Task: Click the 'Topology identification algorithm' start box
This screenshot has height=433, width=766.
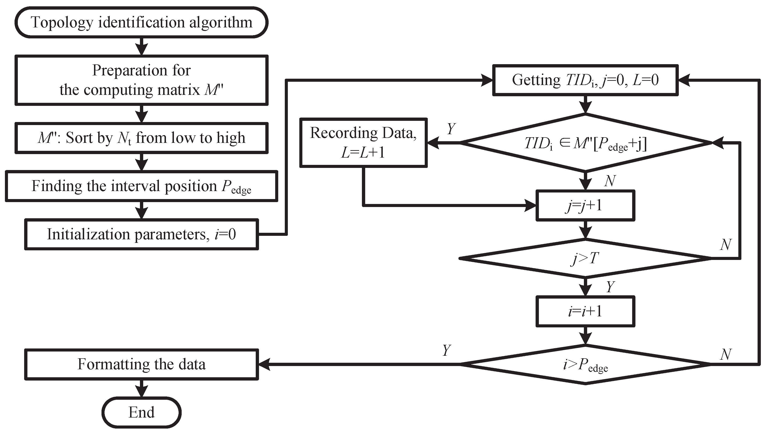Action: click(x=141, y=22)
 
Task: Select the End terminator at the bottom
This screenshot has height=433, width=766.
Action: click(x=141, y=412)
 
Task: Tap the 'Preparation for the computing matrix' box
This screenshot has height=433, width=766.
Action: click(x=141, y=80)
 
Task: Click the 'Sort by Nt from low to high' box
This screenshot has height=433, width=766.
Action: click(x=141, y=138)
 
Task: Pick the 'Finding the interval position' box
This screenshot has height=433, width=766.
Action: click(x=141, y=186)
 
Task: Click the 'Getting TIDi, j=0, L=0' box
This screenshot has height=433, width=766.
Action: click(x=585, y=80)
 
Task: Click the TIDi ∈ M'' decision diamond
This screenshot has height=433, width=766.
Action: click(x=585, y=143)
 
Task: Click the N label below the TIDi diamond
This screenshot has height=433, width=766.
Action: click(x=610, y=181)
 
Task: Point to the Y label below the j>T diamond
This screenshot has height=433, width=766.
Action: click(x=610, y=287)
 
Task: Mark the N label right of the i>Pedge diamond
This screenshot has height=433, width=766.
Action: click(x=725, y=354)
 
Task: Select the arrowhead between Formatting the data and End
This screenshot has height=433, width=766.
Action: click(x=141, y=392)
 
